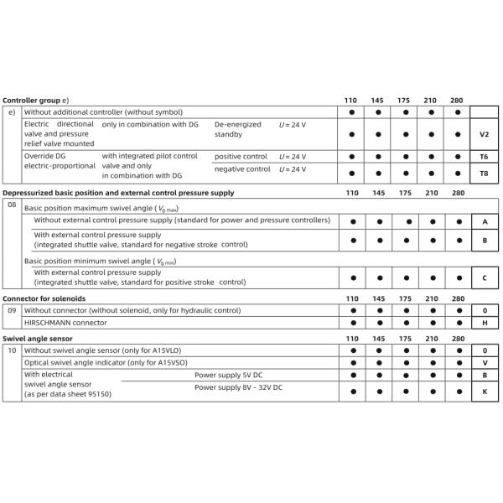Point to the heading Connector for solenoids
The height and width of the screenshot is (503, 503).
pyautogui.click(x=44, y=298)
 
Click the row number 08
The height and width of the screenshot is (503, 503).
pyautogui.click(x=12, y=204)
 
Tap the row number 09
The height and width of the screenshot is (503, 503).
pyautogui.click(x=12, y=310)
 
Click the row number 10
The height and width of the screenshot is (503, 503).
pyautogui.click(x=12, y=350)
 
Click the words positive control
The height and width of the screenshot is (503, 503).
pyautogui.click(x=241, y=157)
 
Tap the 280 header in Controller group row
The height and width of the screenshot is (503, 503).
pyautogui.click(x=457, y=100)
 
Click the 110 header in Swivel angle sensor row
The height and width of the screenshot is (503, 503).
pyautogui.click(x=352, y=338)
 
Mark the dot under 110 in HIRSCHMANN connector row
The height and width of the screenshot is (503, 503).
pyautogui.click(x=352, y=323)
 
